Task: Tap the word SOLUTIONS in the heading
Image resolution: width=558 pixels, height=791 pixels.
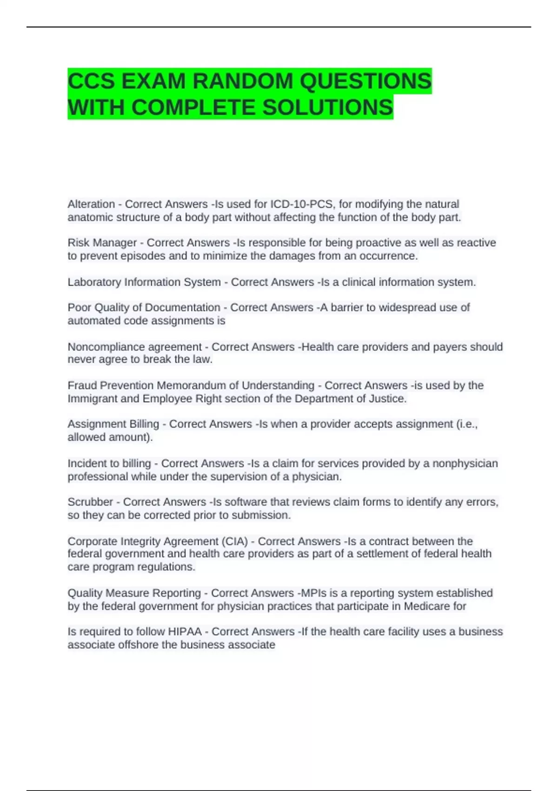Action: (328, 107)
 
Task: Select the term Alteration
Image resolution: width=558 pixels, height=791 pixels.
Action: (91, 204)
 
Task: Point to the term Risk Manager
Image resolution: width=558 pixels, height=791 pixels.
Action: (102, 243)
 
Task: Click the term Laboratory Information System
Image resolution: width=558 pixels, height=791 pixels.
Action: (144, 282)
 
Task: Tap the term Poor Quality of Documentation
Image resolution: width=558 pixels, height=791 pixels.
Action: (144, 308)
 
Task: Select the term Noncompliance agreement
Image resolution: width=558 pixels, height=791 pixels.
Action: (135, 347)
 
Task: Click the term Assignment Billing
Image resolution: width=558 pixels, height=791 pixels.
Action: (113, 424)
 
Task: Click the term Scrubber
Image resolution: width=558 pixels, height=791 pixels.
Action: (90, 502)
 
